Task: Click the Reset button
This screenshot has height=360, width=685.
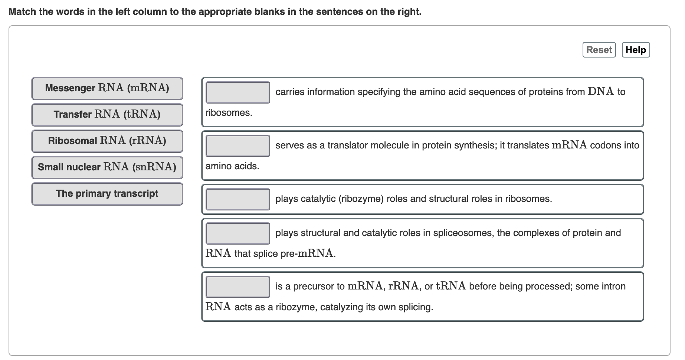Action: [x=599, y=50]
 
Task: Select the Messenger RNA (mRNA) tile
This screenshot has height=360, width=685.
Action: [x=107, y=88]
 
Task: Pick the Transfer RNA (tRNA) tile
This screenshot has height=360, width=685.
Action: [x=107, y=115]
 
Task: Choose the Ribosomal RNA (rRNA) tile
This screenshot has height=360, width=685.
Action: [x=107, y=141]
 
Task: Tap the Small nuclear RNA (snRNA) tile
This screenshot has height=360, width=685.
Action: [x=107, y=167]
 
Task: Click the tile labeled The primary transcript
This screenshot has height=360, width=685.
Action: [x=107, y=194]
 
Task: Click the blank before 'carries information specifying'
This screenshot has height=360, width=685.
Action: [x=238, y=92]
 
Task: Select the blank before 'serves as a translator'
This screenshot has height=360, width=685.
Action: [x=238, y=146]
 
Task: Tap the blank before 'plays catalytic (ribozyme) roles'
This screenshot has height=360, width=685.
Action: [x=238, y=199]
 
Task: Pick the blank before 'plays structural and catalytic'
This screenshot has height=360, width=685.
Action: [x=238, y=233]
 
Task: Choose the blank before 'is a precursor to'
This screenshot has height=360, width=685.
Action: [x=238, y=287]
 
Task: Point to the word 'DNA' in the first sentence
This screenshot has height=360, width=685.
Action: [x=601, y=92]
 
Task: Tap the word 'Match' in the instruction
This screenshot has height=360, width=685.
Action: [x=22, y=12]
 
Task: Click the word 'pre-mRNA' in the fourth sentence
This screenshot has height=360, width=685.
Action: [x=308, y=253]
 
